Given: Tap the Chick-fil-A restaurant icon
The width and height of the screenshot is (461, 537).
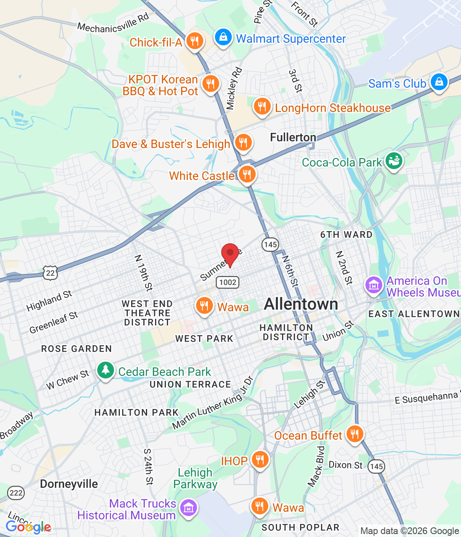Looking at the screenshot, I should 194,41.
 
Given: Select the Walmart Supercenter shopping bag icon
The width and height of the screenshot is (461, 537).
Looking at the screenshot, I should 223,38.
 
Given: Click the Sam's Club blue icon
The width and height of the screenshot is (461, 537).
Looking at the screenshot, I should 439,82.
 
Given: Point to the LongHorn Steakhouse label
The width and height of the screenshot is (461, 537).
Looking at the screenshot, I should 332,108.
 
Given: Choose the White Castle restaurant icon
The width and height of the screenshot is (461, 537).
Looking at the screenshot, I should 247,174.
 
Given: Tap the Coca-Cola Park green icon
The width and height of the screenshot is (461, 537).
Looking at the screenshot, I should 394,161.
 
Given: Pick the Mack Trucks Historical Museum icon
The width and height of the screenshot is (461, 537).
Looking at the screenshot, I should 188,508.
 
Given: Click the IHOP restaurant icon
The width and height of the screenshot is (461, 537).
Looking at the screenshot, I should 260,459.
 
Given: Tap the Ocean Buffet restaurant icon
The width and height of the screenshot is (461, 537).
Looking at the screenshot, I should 355,434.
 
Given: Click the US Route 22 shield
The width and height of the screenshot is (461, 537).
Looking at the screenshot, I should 50,273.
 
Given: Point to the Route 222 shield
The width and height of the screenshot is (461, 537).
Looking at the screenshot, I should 16,493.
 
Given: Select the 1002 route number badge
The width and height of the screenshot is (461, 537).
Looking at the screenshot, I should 228,282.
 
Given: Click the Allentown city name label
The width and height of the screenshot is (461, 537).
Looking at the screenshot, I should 301,304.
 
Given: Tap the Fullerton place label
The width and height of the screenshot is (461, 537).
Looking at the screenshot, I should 293,138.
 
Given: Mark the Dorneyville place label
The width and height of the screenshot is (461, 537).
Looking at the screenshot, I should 69,484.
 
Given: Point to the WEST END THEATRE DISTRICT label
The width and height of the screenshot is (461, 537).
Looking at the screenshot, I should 147,313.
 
